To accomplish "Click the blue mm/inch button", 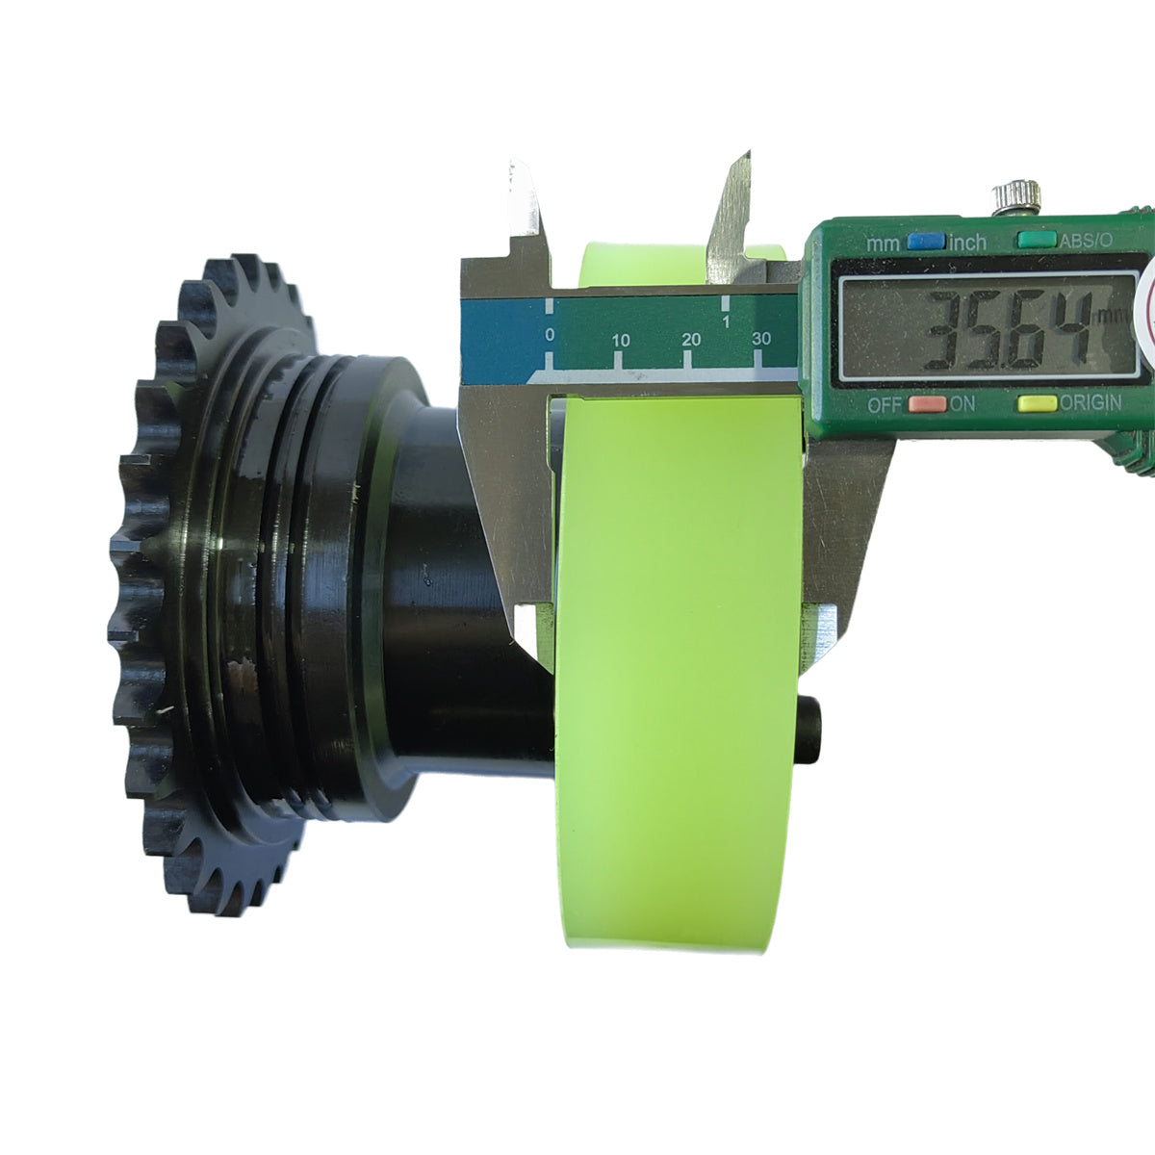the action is point(927,242).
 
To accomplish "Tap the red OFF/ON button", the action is point(927,403).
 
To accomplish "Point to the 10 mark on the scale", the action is point(621,341).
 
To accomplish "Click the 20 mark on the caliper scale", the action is point(691,340).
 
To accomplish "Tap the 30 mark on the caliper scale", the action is point(761,339).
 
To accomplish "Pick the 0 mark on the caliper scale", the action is point(550,334).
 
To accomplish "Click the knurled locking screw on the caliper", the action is point(1015,198).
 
